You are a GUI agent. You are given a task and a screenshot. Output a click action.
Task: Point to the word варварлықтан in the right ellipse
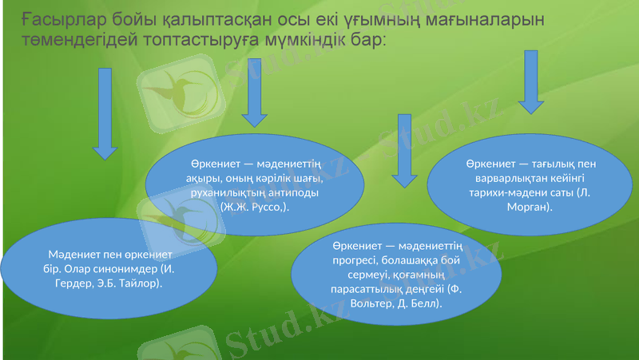click(x=499, y=177)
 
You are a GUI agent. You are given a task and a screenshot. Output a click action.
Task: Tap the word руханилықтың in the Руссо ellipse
click(x=226, y=192)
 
